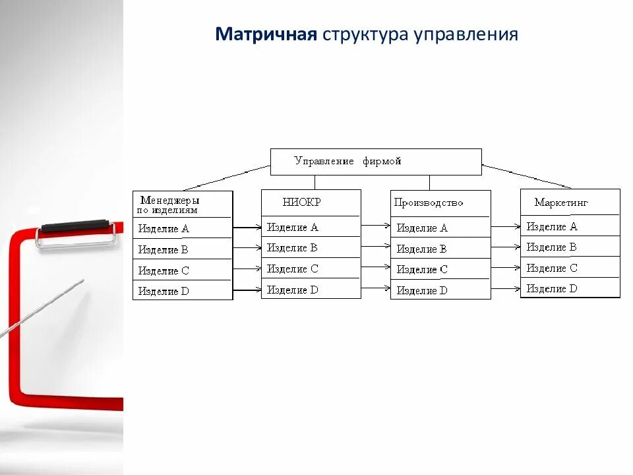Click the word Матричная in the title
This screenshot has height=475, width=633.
point(266,34)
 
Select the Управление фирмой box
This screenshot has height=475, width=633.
point(376,162)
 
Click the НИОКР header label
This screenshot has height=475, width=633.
point(301,203)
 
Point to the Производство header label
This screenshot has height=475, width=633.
point(429,203)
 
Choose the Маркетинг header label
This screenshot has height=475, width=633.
point(561,203)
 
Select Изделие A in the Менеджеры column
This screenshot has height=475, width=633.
point(164,229)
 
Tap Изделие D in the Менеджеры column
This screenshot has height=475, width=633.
point(164,291)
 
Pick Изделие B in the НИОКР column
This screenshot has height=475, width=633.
point(292,248)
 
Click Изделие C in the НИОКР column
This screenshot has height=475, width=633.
point(292,269)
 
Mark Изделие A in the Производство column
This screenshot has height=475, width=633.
point(422,228)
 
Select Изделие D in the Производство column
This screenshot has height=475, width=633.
point(422,290)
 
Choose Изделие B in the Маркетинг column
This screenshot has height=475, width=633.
point(552,247)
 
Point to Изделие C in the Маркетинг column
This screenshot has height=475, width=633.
point(552,269)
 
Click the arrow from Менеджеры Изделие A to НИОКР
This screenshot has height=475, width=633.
point(247,228)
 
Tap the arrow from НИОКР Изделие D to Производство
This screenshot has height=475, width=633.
point(376,288)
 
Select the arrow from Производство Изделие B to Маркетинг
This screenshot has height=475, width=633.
point(506,247)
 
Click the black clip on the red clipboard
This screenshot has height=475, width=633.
point(74,226)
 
